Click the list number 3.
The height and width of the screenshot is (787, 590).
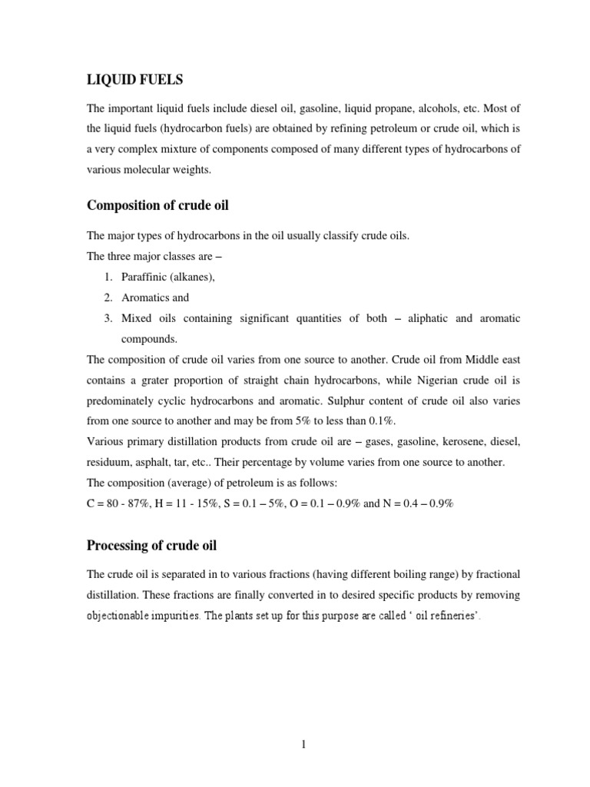pos(109,317)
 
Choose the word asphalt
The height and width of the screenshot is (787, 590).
pos(154,463)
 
